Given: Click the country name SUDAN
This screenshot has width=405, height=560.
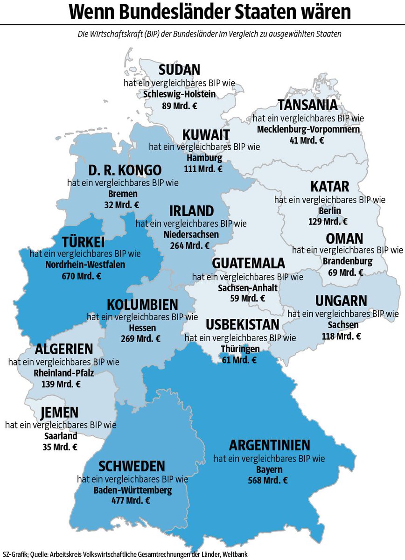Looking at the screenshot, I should pyautogui.click(x=179, y=70).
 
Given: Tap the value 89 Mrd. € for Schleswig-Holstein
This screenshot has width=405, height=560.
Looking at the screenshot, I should pyautogui.click(x=179, y=106).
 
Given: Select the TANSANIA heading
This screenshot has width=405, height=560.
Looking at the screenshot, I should pyautogui.click(x=307, y=105).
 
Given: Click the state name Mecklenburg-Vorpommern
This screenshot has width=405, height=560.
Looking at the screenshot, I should pyautogui.click(x=308, y=129).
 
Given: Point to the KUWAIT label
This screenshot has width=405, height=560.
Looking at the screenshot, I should pyautogui.click(x=206, y=135).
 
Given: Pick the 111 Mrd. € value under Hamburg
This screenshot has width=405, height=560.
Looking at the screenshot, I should pyautogui.click(x=204, y=169).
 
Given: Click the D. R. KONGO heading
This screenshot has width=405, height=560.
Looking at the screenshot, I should pyautogui.click(x=125, y=170).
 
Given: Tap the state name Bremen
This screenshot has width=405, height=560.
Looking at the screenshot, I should pyautogui.click(x=123, y=194).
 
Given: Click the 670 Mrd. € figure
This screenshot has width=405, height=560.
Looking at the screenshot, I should pyautogui.click(x=82, y=276).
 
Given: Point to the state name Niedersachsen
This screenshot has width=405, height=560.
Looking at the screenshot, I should pyautogui.click(x=191, y=234).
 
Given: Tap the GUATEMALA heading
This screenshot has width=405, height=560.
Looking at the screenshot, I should pyautogui.click(x=248, y=264).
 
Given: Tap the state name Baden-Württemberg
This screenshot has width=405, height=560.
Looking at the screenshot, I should pyautogui.click(x=133, y=490).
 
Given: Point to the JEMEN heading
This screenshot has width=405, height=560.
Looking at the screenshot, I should pyautogui.click(x=59, y=413).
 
